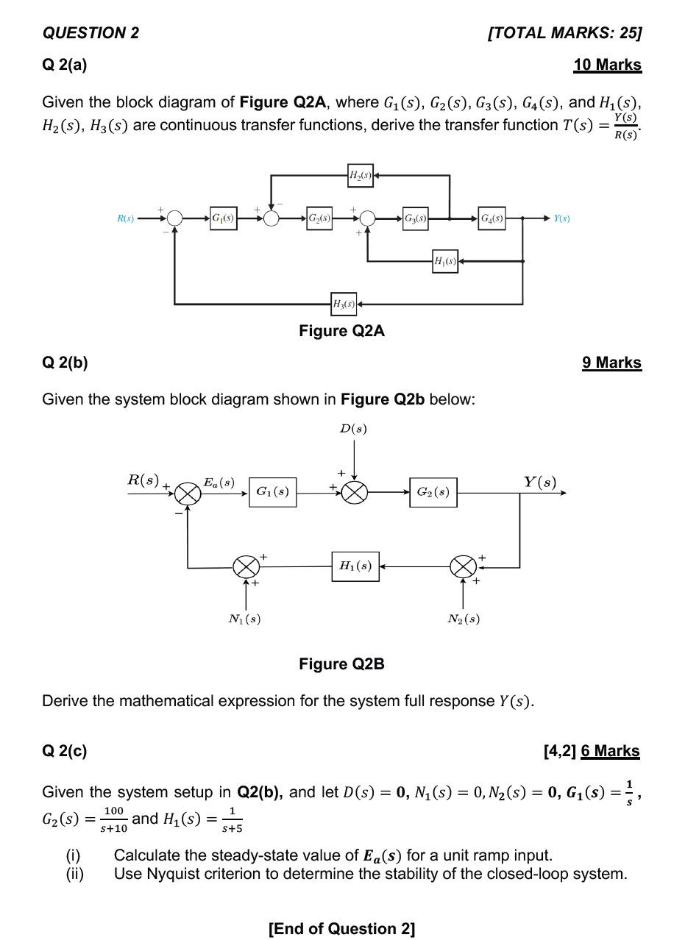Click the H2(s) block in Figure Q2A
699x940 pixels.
[x=360, y=175]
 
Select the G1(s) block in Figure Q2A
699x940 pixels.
[x=223, y=218]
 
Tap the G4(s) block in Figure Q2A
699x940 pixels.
[x=492, y=218]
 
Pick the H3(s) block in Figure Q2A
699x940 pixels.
[x=344, y=304]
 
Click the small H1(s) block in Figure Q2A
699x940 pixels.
[x=444, y=261]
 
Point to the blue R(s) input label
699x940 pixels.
[x=126, y=218]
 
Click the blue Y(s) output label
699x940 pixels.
[x=561, y=218]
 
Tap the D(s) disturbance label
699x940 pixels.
[x=353, y=429]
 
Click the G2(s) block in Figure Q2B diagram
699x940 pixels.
[x=433, y=492]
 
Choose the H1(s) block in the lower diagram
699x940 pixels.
[x=355, y=566]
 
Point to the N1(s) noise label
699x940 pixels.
[x=244, y=619]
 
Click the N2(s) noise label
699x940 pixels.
[x=464, y=619]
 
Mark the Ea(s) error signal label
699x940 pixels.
[x=219, y=483]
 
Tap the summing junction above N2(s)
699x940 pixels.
[x=463, y=566]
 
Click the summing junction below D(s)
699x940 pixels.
[x=355, y=493]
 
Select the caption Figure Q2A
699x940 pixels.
[x=341, y=331]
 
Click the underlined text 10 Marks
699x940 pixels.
[x=607, y=65]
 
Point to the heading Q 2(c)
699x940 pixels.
[x=65, y=751]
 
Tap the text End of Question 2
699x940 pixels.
[x=341, y=928]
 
